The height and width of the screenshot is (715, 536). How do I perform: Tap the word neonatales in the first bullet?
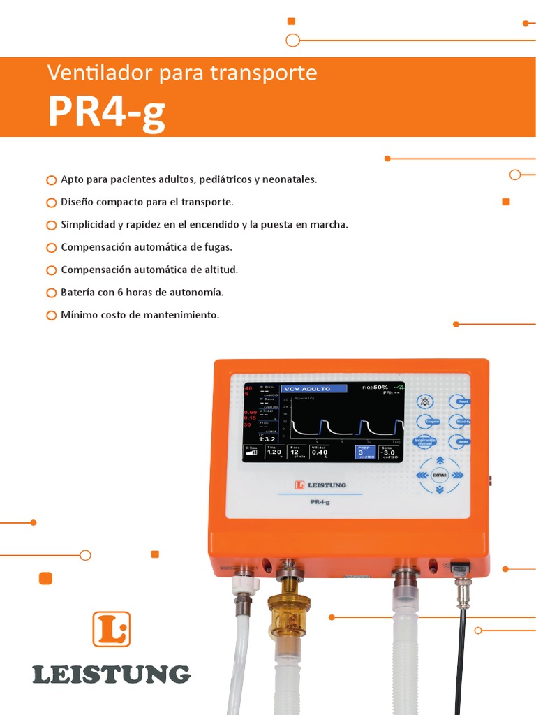coord(287,179)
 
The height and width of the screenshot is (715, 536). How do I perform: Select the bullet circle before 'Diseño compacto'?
coord(51,202)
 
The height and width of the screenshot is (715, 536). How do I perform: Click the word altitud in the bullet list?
coord(220,270)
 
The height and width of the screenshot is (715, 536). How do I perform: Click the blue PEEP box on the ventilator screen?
coord(365,452)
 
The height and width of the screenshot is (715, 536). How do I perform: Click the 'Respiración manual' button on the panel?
coord(425,441)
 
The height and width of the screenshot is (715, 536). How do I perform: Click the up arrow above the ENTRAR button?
coord(440,460)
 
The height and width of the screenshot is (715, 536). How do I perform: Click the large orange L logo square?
coord(111,629)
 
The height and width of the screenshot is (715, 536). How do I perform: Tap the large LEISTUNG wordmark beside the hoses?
coord(111,675)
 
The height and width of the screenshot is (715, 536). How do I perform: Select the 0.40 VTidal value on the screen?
coord(320,452)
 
